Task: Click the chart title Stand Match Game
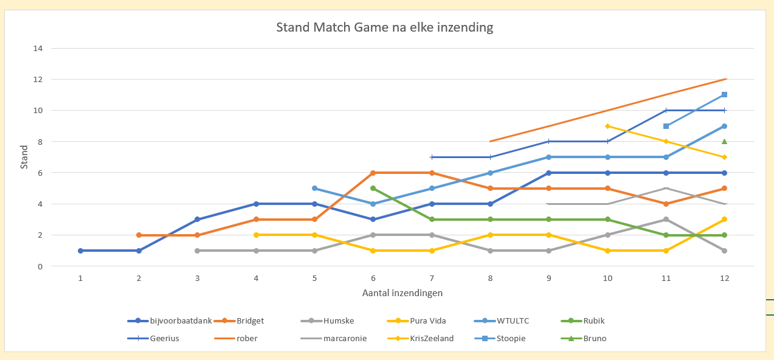[384, 27]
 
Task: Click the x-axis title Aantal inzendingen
[401, 292]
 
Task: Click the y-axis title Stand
[24, 156]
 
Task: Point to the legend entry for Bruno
[593, 338]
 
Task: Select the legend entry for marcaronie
[345, 338]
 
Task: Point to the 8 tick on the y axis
[40, 142]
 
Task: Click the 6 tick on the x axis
[373, 278]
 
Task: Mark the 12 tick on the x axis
[724, 278]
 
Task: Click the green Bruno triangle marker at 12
[724, 141]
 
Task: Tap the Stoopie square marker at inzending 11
[666, 126]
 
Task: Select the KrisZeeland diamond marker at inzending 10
[607, 126]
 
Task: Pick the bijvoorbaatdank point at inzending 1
[80, 251]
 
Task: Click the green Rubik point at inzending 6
[373, 189]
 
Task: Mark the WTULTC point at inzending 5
[314, 189]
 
